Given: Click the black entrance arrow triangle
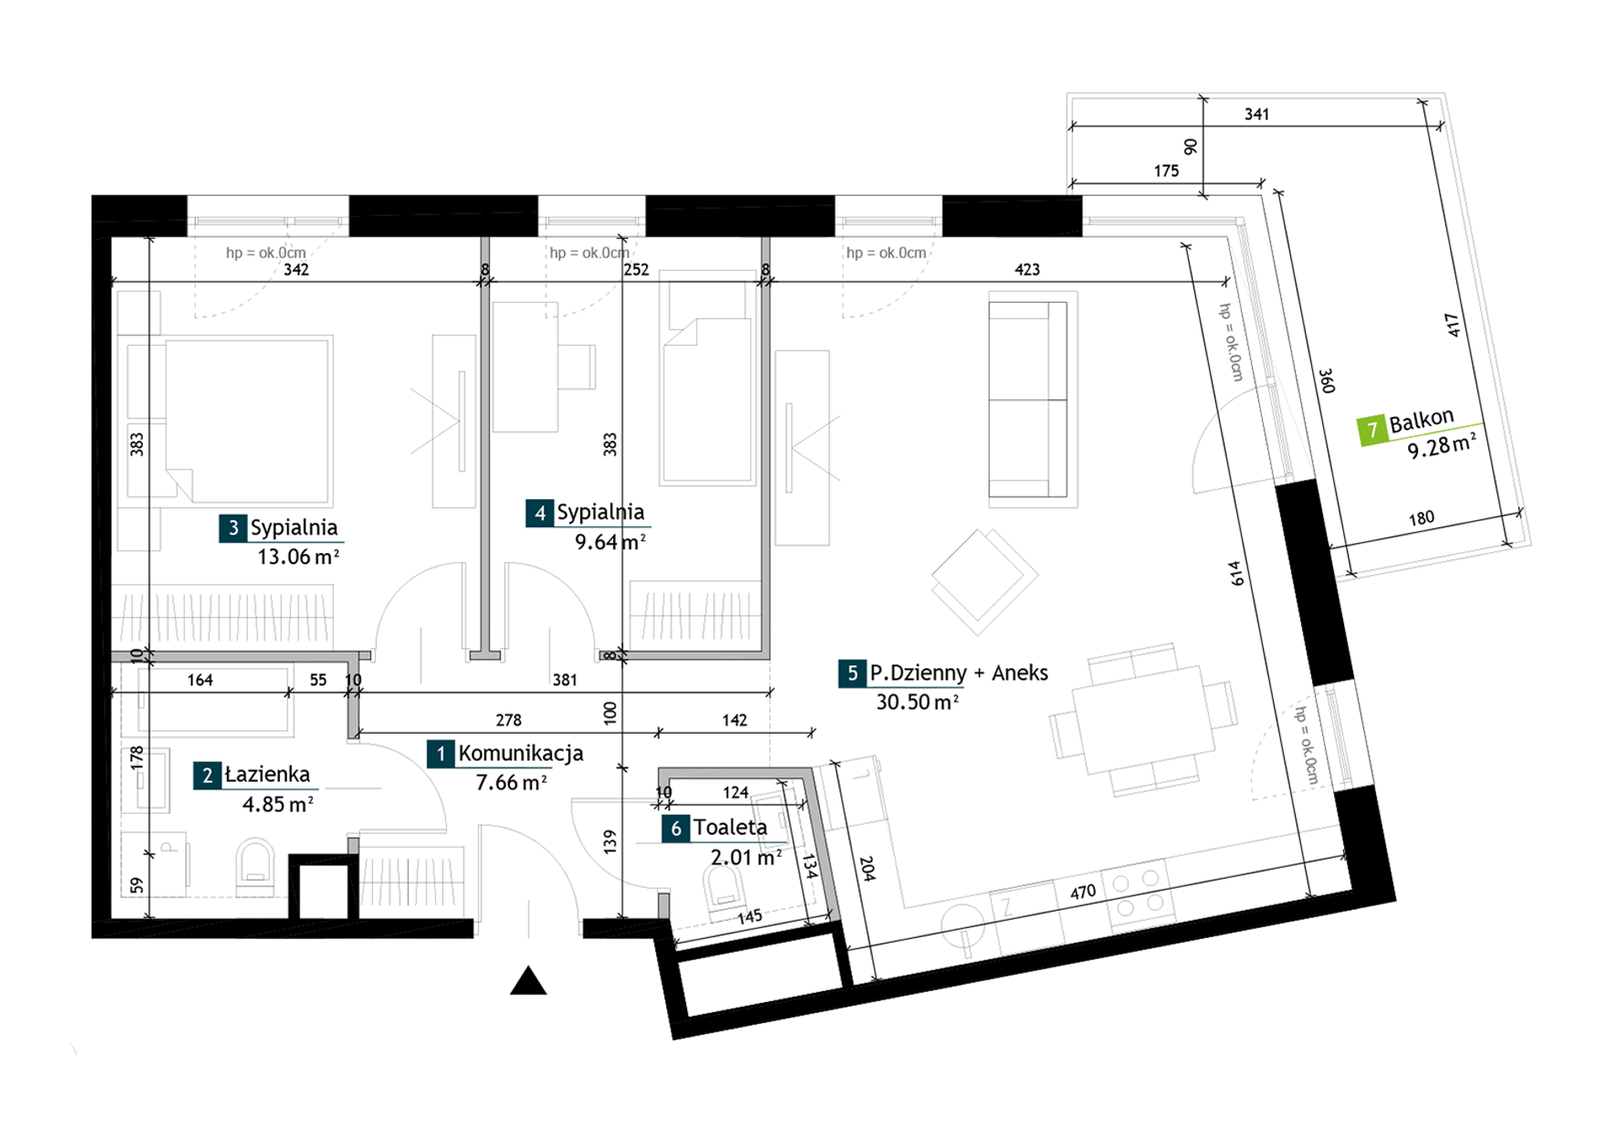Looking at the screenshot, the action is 529,981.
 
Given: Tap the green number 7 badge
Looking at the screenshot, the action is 1372,430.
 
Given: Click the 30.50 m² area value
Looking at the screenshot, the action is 917,702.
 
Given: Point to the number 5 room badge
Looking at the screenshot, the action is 852,673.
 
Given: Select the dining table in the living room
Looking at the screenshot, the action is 1142,719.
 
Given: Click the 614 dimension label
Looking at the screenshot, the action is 1236,573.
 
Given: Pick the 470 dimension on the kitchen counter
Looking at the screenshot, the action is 1083,892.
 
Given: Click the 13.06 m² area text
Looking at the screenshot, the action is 298,557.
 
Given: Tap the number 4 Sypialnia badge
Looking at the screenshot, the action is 540,513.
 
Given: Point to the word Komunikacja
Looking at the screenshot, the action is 520,753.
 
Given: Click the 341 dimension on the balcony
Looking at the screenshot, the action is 1256,114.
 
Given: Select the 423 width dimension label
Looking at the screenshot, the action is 1026,270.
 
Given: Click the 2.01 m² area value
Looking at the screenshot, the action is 746,858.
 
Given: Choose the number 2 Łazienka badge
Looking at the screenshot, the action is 207,775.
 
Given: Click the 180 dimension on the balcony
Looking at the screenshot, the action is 1422,518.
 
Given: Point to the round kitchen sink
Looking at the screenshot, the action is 962,923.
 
